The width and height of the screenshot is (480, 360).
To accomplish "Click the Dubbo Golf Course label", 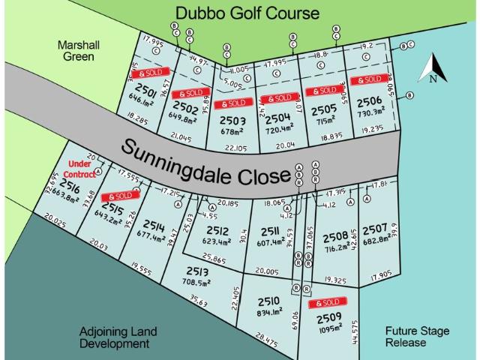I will [x=247, y=13].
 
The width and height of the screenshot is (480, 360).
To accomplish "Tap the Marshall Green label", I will [x=79, y=51].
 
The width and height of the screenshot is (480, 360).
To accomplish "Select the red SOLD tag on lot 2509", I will [x=328, y=303].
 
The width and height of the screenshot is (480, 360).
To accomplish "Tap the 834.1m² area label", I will [x=268, y=310].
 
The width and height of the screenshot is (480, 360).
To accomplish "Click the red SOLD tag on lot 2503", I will [x=231, y=103].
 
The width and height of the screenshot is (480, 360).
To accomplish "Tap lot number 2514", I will [x=154, y=226].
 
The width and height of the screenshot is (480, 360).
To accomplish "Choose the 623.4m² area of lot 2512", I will [x=223, y=242].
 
